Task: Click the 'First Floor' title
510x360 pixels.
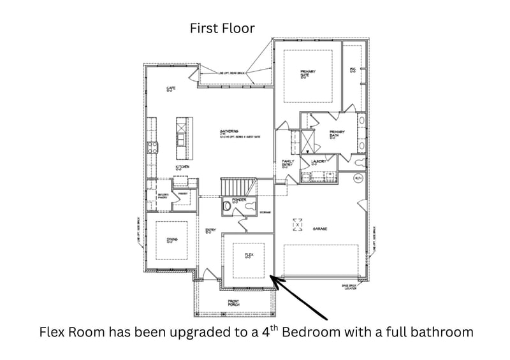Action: coord(222,29)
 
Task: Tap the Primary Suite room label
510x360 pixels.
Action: coord(309,73)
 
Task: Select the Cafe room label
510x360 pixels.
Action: coord(171,89)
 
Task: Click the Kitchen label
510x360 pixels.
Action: coord(183,168)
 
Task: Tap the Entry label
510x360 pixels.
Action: coord(209,231)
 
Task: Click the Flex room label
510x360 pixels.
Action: coord(249,255)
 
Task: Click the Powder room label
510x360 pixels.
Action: coord(240,201)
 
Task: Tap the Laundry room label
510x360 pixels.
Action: coord(319,162)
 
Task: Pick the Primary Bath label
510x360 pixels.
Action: coord(337,133)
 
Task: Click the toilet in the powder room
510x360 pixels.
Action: coord(226,206)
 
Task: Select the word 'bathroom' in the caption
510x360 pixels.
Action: coord(442,333)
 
